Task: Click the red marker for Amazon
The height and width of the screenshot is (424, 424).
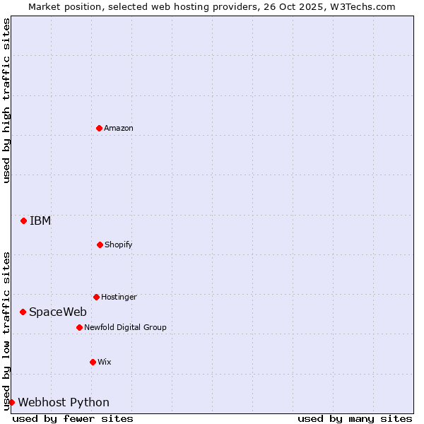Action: pyautogui.click(x=99, y=128)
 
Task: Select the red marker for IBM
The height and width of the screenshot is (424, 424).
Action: pyautogui.click(x=23, y=220)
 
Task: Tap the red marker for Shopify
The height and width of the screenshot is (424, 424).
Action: pyautogui.click(x=100, y=245)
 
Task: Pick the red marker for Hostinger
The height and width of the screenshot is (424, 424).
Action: pyautogui.click(x=96, y=297)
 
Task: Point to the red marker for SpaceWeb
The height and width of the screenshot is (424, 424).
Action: pyautogui.click(x=23, y=312)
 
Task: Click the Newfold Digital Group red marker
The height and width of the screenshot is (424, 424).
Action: pyautogui.click(x=79, y=327)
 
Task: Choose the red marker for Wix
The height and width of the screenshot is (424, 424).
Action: pyautogui.click(x=93, y=362)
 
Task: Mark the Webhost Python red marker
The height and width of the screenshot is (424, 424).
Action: pyautogui.click(x=11, y=402)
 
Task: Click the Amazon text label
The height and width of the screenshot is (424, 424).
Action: pyautogui.click(x=119, y=128)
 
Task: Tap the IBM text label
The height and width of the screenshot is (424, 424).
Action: pyautogui.click(x=40, y=220)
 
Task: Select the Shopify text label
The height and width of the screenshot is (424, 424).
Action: pyautogui.click(x=119, y=245)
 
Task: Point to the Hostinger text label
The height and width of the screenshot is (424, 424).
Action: pyautogui.click(x=119, y=297)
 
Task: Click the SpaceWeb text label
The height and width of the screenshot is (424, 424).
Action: pyautogui.click(x=58, y=312)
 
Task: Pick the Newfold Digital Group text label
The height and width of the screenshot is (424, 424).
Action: pyautogui.click(x=125, y=327)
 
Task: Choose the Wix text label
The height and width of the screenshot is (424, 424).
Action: pyautogui.click(x=105, y=362)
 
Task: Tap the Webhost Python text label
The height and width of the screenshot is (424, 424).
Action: pyautogui.click(x=64, y=402)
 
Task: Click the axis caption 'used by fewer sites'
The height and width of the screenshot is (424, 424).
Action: pyautogui.click(x=73, y=418)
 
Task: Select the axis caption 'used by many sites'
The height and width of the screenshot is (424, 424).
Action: pyautogui.click(x=355, y=418)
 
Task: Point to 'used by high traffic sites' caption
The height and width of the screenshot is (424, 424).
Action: pyautogui.click(x=6, y=100)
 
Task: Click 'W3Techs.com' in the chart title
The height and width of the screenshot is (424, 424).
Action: pyautogui.click(x=365, y=6)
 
